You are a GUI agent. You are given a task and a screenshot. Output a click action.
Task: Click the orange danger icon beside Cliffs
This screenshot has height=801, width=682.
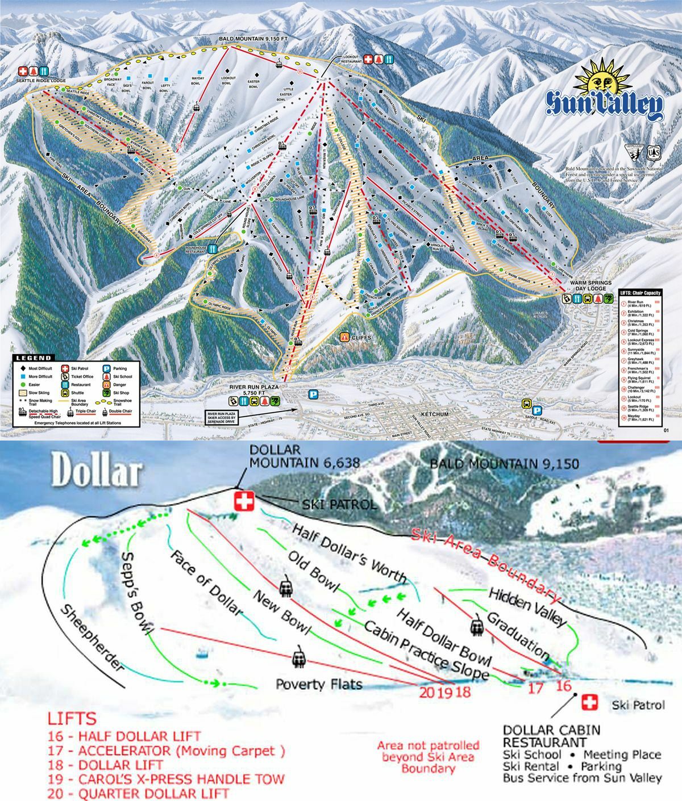344,337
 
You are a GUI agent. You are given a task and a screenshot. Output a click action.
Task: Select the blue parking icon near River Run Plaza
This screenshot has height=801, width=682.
311,393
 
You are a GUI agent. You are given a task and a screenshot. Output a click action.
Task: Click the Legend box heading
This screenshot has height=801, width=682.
33,358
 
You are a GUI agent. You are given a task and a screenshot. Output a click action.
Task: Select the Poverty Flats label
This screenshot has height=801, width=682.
319,683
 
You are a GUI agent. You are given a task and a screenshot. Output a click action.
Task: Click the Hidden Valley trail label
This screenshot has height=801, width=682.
528,606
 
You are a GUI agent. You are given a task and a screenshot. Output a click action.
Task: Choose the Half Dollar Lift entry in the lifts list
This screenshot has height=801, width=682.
124,736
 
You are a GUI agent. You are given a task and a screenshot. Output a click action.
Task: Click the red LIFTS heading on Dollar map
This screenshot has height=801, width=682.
72,718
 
